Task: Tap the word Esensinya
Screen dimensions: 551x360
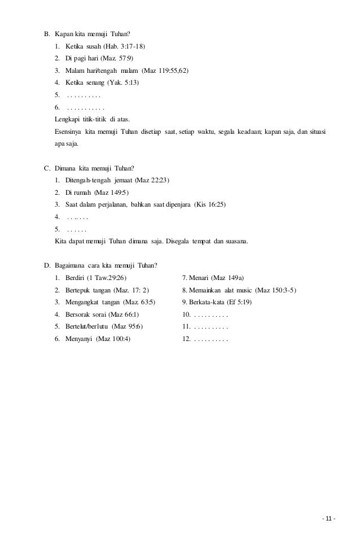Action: pyautogui.click(x=68, y=132)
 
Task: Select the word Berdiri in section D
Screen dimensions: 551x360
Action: pyautogui.click(x=75, y=278)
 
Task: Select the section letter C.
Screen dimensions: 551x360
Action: pyautogui.click(x=47, y=167)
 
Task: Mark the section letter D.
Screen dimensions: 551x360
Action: pyautogui.click(x=47, y=265)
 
